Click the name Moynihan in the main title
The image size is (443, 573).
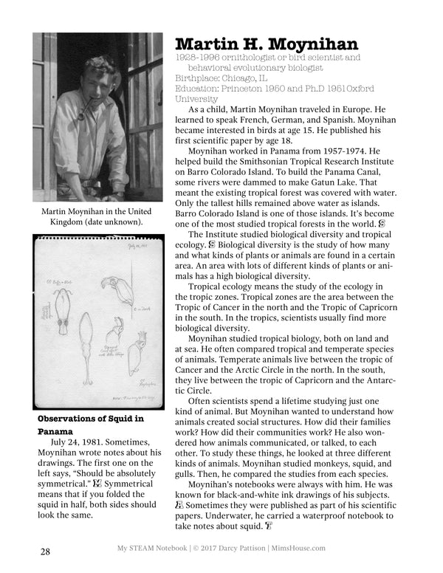309,44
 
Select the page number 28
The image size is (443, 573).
46,552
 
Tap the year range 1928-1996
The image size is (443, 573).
193,57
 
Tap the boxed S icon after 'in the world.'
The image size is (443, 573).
382,222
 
